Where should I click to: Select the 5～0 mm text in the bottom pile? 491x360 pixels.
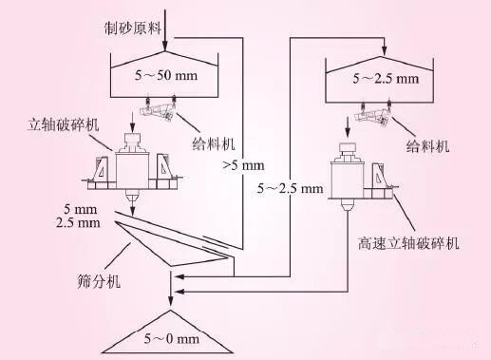pos(171,338)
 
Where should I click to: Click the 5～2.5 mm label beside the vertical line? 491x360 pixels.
pos(291,189)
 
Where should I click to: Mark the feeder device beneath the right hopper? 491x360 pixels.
pos(375,117)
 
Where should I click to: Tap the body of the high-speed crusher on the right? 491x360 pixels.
pos(343,175)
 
